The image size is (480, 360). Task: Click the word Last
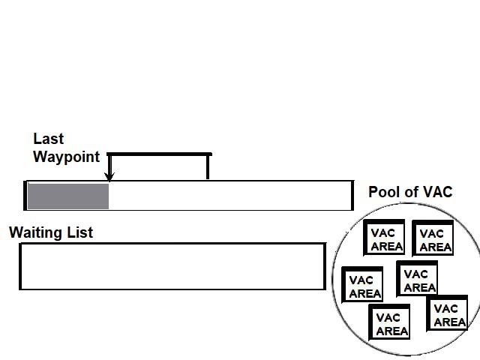point(49,139)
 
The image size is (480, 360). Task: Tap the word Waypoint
point(66,157)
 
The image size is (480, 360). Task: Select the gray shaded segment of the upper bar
point(68,196)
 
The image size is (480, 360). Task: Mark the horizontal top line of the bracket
point(160,154)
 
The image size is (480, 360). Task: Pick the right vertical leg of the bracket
point(208,166)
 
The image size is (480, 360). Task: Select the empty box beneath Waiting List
point(172,266)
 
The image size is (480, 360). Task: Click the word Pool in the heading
point(384,192)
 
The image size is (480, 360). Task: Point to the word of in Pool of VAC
point(411,192)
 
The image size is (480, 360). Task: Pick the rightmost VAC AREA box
point(448,315)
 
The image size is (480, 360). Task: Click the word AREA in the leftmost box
point(365,294)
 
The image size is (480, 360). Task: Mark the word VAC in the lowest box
point(389,318)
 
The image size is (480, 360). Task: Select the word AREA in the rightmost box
point(450,322)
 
